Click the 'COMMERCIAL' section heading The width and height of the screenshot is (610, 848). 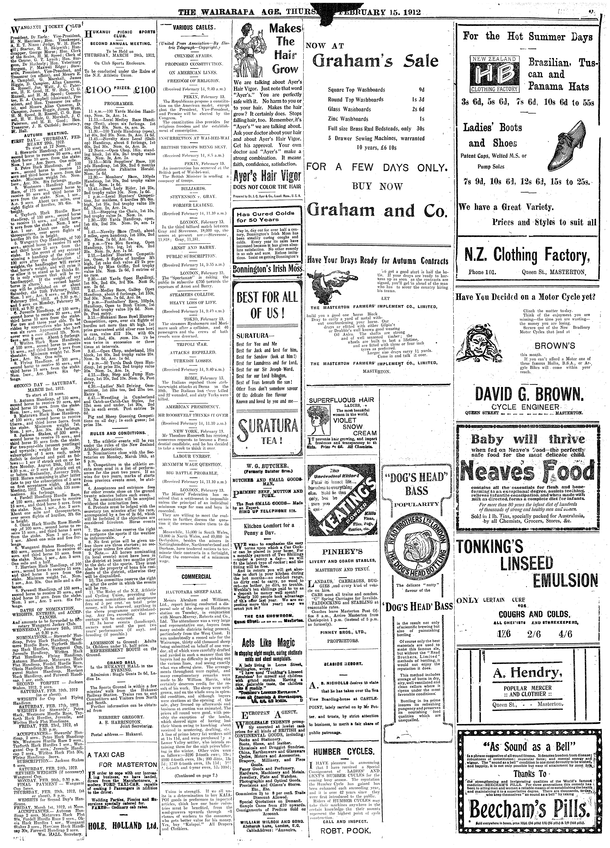pos(196,577)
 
